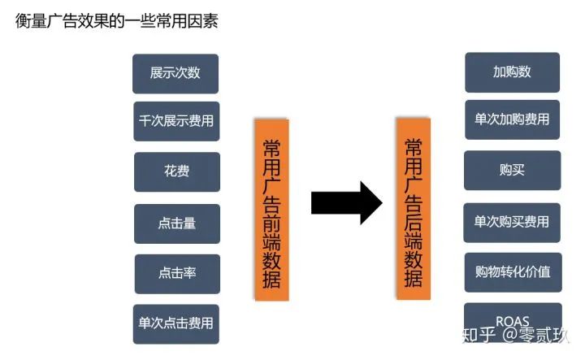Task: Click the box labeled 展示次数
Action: (x=175, y=72)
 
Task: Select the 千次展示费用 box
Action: (x=175, y=121)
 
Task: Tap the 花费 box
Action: (x=175, y=171)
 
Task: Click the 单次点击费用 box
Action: (x=175, y=323)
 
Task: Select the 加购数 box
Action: (x=512, y=72)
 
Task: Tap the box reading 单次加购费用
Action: (x=512, y=119)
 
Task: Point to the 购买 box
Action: (x=512, y=171)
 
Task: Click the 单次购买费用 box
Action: (x=512, y=221)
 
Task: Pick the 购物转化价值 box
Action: (x=512, y=271)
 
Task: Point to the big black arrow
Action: (x=345, y=202)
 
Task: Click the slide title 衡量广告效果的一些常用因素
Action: (x=116, y=20)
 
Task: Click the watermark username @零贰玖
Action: (x=537, y=335)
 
